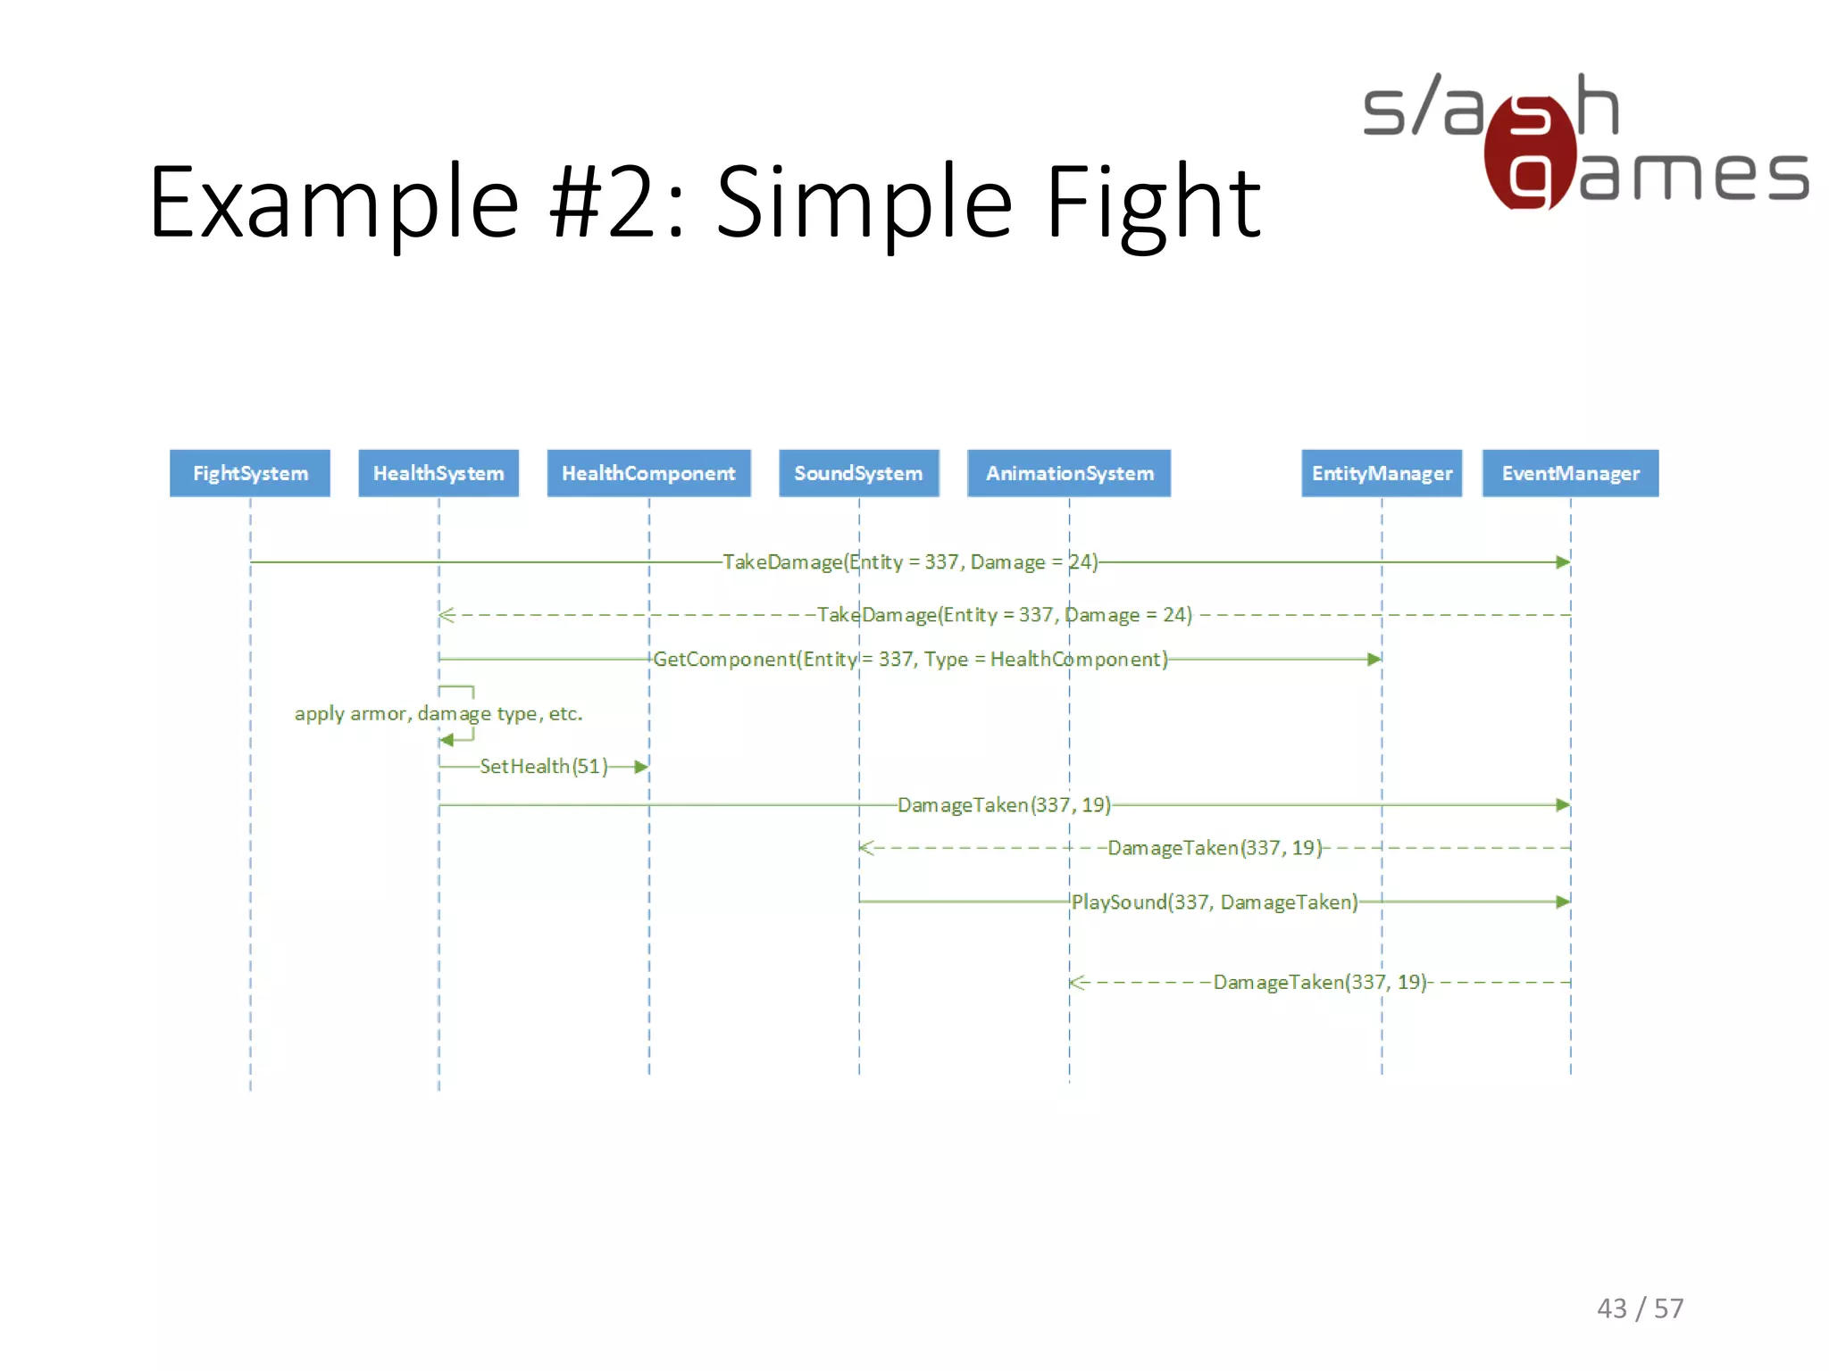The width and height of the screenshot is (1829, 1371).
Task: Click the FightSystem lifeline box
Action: [x=250, y=473]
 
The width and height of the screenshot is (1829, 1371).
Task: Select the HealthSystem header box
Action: [x=438, y=473]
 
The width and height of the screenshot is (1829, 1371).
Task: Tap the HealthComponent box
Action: [x=648, y=473]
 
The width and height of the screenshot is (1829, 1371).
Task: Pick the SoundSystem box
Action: [x=858, y=473]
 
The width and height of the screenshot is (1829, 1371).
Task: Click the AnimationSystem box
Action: [x=1069, y=473]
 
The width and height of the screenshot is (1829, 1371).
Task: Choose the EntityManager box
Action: [x=1382, y=473]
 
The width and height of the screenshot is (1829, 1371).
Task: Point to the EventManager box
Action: [x=1570, y=473]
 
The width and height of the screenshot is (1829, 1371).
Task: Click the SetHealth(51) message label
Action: [x=543, y=767]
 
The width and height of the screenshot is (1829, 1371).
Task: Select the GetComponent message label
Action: [x=910, y=660]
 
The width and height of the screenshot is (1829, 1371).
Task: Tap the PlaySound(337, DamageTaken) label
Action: [x=1215, y=902]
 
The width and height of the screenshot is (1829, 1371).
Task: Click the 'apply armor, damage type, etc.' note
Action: [x=438, y=714]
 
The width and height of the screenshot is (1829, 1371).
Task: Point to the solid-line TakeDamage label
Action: [x=910, y=562]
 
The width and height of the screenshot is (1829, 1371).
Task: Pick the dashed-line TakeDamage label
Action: [x=1005, y=615]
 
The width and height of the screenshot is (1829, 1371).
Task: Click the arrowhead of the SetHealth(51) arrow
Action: [x=641, y=767]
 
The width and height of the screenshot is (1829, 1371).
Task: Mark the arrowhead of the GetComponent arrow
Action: [x=1374, y=660]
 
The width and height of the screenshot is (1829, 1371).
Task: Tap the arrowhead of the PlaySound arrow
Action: [x=1563, y=902]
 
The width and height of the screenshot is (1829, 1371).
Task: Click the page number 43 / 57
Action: [x=1640, y=1309]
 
